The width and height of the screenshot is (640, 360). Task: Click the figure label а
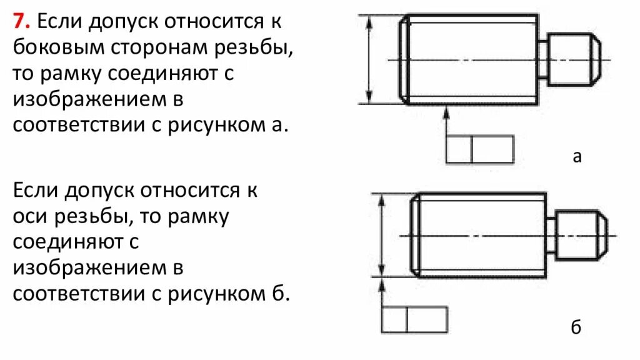coord(577,156)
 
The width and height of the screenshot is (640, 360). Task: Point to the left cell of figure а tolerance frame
coord(458,149)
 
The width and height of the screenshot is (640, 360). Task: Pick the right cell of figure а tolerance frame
coord(492,149)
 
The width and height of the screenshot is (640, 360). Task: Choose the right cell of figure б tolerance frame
coord(427,319)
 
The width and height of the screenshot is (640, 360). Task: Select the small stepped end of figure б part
coord(581,236)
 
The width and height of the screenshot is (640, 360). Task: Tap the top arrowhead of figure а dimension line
coord(369,21)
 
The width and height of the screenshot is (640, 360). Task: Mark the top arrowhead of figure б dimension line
coord(381,199)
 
